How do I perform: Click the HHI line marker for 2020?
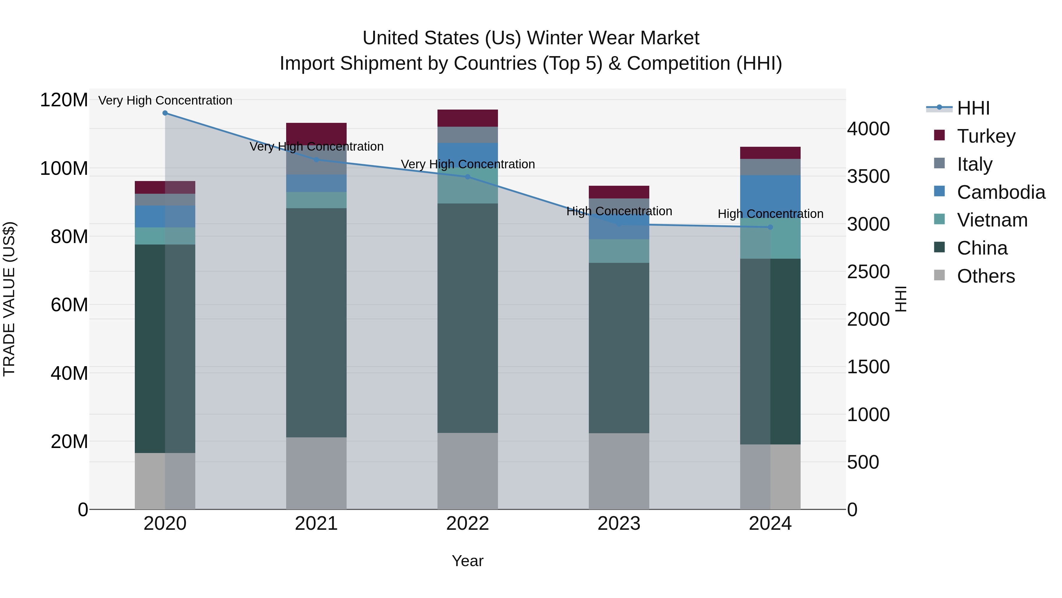tap(165, 113)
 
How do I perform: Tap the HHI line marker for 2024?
tap(770, 227)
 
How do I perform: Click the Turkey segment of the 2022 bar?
tap(468, 118)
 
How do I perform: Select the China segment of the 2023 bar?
tap(619, 348)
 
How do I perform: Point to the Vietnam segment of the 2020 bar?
tap(165, 236)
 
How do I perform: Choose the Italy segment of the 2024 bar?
tap(770, 167)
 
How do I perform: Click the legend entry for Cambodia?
tap(1001, 192)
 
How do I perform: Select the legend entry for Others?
tap(986, 276)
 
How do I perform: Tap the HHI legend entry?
tap(973, 108)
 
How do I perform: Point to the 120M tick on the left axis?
tap(64, 100)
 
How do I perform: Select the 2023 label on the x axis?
tap(619, 524)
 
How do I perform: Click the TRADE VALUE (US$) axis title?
tap(9, 299)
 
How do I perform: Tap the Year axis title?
tap(468, 561)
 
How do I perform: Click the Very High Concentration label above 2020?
tap(165, 100)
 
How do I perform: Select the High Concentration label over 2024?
tap(770, 214)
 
